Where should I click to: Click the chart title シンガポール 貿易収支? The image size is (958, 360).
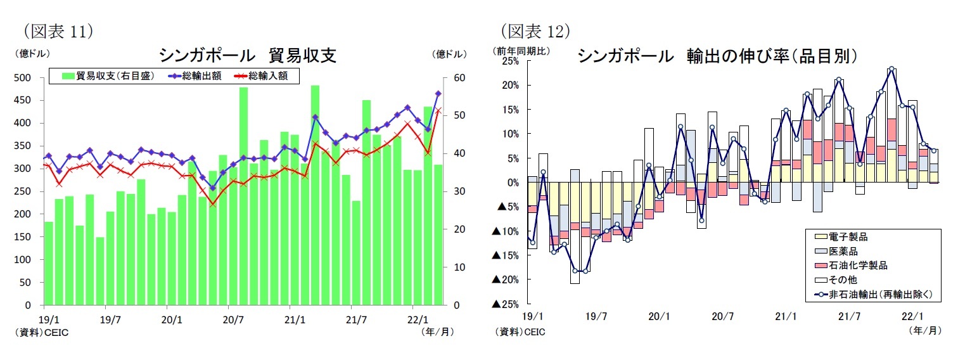(247, 55)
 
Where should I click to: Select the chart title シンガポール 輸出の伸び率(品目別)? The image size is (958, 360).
(717, 56)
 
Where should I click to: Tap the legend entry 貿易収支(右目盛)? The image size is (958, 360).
(107, 76)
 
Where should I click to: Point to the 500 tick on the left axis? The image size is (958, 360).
(23, 78)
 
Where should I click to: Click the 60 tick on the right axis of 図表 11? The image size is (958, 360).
(459, 78)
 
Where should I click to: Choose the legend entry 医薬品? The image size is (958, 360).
(846, 251)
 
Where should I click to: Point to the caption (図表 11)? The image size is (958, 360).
(58, 30)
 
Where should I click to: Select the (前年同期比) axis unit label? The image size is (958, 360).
(523, 50)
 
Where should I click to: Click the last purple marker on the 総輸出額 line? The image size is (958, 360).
(438, 94)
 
